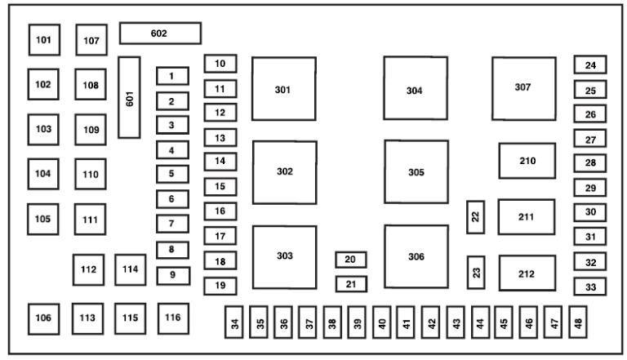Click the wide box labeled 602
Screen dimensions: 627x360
(160, 33)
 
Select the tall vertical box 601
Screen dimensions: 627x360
(129, 97)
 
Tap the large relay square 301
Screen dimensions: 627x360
(284, 88)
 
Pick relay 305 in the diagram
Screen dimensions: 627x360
(416, 171)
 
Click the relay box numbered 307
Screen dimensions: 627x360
(524, 88)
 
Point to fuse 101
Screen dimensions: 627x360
(44, 40)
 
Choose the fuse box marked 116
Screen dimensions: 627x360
(173, 318)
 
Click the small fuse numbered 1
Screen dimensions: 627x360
(172, 76)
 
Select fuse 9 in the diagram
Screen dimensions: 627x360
(173, 276)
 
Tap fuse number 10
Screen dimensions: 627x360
(220, 64)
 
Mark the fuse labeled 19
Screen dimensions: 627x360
(220, 286)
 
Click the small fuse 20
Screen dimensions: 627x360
(351, 260)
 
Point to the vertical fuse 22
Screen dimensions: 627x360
(475, 217)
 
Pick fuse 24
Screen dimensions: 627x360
(590, 64)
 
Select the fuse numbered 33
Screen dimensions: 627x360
(590, 287)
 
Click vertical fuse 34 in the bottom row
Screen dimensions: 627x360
(234, 322)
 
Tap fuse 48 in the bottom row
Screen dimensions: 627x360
(578, 322)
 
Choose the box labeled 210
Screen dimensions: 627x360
(527, 161)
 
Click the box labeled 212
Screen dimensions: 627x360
(527, 273)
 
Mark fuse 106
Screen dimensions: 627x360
(43, 319)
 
